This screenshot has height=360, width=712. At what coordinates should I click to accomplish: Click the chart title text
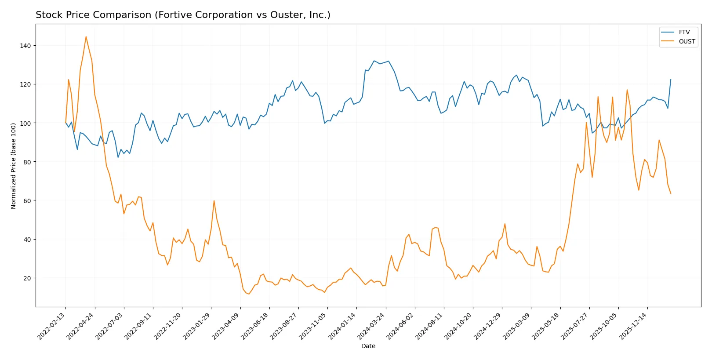coord(183,15)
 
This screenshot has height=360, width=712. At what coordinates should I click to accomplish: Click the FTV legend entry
coord(684,32)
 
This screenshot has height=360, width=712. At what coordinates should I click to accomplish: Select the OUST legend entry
coord(687,41)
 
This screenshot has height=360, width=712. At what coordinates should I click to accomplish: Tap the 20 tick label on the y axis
coord(27,278)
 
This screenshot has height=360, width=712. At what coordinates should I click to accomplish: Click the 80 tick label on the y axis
coord(27,162)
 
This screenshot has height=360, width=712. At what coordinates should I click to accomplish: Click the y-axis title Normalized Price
coord(14,166)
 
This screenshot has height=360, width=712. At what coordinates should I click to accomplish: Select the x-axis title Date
coord(368,346)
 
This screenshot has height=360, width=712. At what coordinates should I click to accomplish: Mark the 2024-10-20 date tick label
coord(459,326)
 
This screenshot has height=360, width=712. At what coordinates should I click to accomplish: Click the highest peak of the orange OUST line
coord(86,36)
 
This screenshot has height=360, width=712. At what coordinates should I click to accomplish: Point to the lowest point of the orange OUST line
coord(249,294)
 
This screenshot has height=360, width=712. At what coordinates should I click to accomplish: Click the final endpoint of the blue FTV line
coord(671,80)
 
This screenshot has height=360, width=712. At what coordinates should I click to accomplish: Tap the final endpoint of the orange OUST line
coord(671,193)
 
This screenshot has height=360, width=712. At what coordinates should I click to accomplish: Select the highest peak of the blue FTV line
coord(374,61)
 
